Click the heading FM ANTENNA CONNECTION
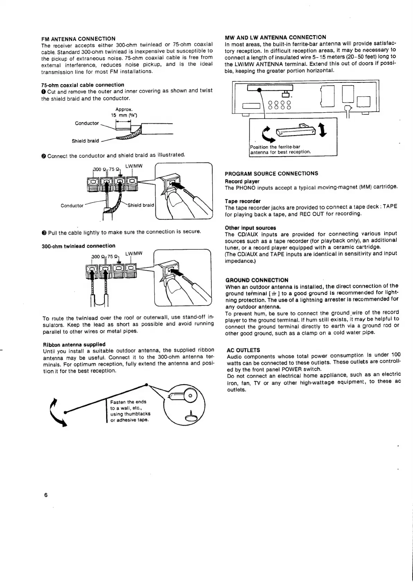point(78,38)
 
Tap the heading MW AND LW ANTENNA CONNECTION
point(275,37)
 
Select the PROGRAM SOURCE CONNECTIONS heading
point(271,174)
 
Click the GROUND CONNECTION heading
point(257,280)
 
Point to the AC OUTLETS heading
point(243,350)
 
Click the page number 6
point(46,495)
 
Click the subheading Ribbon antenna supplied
point(74,344)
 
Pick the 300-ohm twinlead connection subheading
point(78,246)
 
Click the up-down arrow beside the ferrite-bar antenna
point(323,130)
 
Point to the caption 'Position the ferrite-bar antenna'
point(280,149)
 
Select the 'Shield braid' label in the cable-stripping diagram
point(85,141)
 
